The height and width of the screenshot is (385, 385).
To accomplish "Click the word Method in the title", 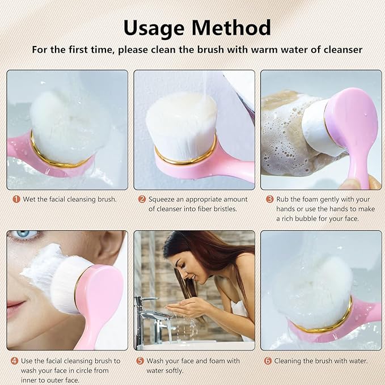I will click(232, 27).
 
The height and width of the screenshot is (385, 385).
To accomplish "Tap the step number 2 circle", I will click(142, 200).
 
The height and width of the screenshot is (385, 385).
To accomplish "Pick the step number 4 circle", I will click(14, 361).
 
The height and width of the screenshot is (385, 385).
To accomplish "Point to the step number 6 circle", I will click(268, 361).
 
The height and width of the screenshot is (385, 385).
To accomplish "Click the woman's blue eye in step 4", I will click(23, 234).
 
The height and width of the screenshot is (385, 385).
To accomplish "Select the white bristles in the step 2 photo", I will click(181, 122).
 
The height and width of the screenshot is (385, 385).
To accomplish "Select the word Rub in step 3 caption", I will click(282, 200).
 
